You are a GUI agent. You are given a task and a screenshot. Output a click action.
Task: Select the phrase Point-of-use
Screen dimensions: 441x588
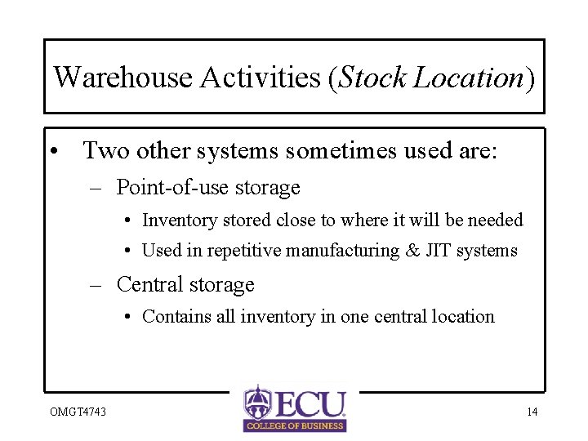pyautogui.click(x=163, y=188)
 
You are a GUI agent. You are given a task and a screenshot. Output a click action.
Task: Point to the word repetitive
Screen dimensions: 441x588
pyautogui.click(x=246, y=251)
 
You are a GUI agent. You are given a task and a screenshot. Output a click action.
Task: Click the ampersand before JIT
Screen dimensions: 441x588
pyautogui.click(x=412, y=251)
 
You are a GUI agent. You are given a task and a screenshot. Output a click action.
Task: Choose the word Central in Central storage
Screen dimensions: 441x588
pyautogui.click(x=149, y=284)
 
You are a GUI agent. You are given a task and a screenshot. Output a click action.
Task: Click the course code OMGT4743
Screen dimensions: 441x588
pyautogui.click(x=77, y=412)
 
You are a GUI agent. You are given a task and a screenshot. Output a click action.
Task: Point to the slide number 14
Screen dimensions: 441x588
pyautogui.click(x=532, y=412)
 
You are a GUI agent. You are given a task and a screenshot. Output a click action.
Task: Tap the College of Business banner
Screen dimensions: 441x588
pyautogui.click(x=295, y=425)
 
